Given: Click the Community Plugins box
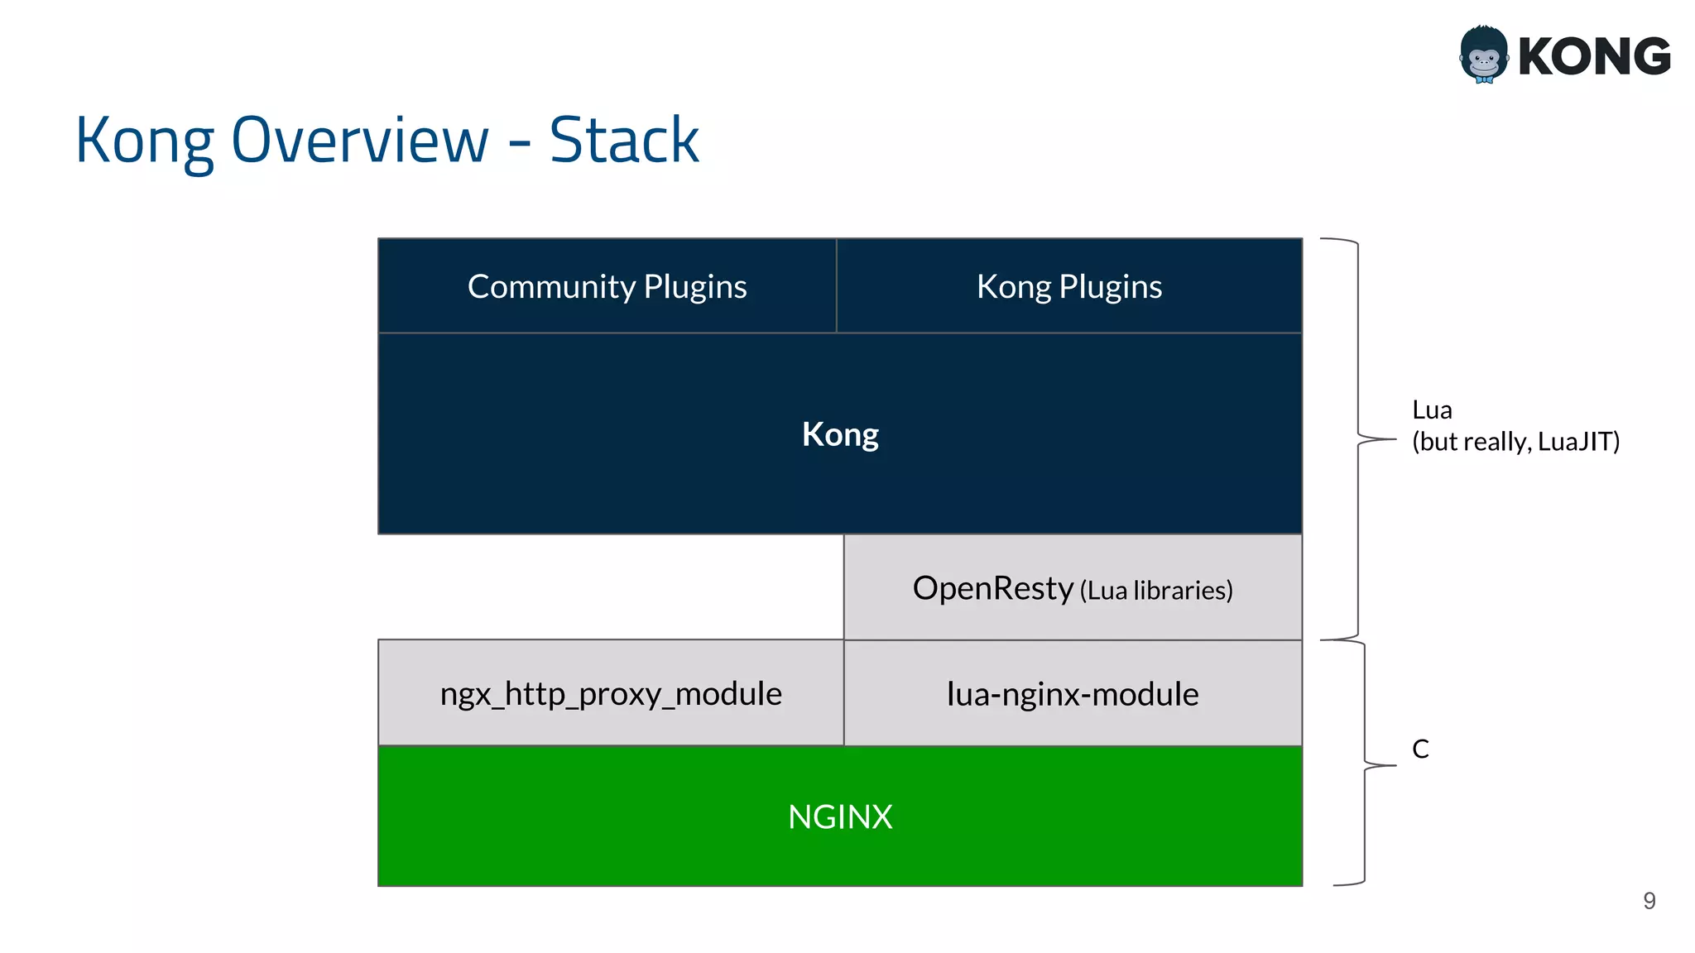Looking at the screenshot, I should tap(607, 286).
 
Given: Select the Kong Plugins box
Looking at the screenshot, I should tap(1068, 286).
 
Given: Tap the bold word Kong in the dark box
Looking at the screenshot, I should tap(840, 434).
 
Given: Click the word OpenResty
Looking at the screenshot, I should tap(992, 588).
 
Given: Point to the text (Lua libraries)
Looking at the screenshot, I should tap(1156, 591).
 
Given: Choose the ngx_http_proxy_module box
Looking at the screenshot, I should tap(611, 693).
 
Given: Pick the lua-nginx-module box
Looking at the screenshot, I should tap(1073, 693).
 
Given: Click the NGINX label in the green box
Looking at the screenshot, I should tap(840, 817).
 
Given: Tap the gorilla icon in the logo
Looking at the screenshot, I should tap(1484, 55).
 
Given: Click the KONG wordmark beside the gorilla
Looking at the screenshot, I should tap(1594, 56).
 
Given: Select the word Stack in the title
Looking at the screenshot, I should tap(624, 140).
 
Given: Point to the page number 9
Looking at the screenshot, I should tap(1649, 900).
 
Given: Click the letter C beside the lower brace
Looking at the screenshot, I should tap(1420, 749).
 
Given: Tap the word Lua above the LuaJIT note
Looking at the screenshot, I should tap(1432, 410).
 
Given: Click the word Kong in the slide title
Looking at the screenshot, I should tap(145, 140).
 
